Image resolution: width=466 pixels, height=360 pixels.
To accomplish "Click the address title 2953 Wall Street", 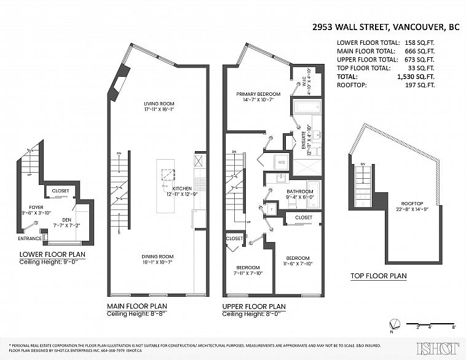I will [385, 27].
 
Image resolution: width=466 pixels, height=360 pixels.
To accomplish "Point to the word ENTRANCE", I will [30, 238].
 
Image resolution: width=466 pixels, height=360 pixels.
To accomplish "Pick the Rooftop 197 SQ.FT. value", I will [418, 85].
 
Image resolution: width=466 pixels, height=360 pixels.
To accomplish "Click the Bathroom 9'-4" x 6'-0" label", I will [299, 195].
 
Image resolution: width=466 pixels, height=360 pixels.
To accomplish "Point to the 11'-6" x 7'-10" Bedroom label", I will [297, 261].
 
